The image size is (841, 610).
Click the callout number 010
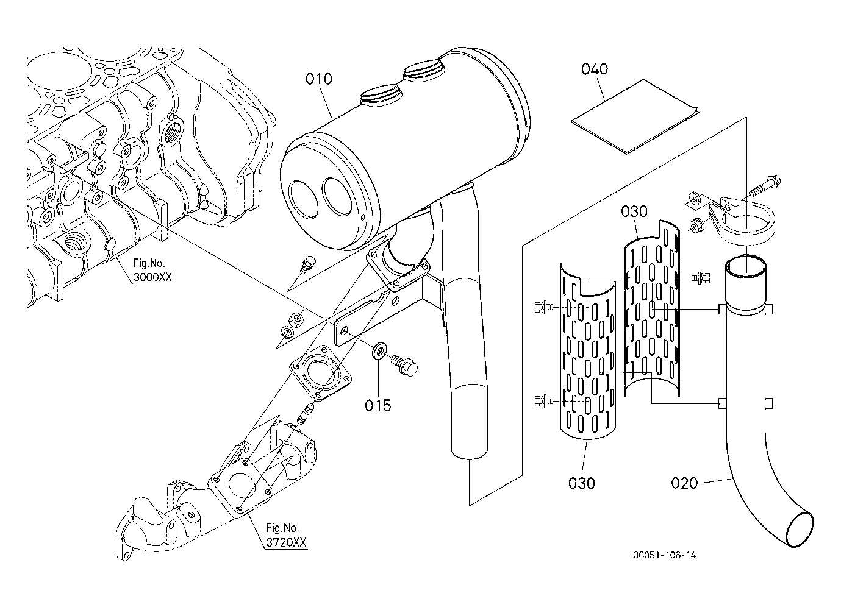click(319, 79)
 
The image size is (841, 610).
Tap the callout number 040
click(595, 69)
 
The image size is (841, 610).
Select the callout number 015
click(378, 405)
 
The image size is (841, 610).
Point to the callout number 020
click(684, 483)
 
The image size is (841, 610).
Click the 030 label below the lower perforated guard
click(582, 483)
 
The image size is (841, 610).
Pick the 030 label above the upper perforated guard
click(634, 211)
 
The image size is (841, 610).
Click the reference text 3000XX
click(152, 277)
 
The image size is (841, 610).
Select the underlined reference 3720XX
click(286, 542)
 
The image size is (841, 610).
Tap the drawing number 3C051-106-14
click(665, 555)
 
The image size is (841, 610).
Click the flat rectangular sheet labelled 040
click(635, 116)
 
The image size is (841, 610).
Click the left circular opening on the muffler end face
click(304, 199)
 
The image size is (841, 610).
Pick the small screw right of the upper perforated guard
click(700, 278)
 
